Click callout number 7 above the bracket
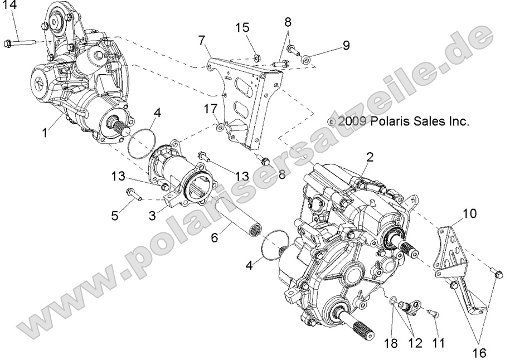tap(201, 40)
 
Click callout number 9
tap(346, 45)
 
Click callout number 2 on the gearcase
tap(368, 158)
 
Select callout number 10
tap(469, 212)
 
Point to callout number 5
tap(115, 216)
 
